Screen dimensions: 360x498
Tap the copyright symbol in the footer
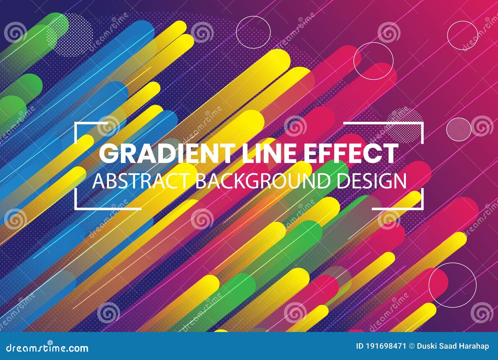(x=412, y=346)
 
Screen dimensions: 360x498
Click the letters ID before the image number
(x=359, y=346)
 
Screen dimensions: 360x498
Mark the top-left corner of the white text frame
(x=76, y=124)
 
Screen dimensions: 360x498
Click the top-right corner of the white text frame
(x=423, y=124)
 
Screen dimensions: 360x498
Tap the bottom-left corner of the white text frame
(x=76, y=208)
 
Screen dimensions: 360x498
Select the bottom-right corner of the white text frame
(x=423, y=208)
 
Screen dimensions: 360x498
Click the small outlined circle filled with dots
(x=459, y=128)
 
